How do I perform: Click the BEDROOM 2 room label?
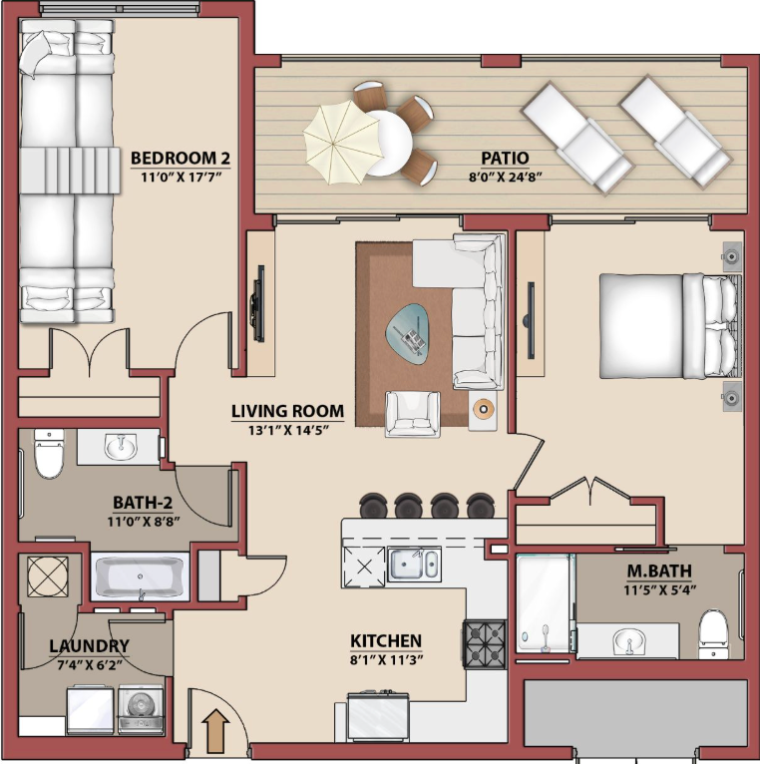coord(181,159)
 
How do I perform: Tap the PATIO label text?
coord(505,158)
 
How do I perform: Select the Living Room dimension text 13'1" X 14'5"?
coord(288,430)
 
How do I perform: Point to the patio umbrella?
coord(342,142)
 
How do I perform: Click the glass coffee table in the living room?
coord(407,334)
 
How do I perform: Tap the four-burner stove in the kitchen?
coord(485,644)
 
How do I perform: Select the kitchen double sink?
coord(414,565)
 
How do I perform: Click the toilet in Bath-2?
coord(49,453)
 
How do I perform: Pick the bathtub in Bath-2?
coord(140,577)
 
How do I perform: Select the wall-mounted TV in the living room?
coord(258,303)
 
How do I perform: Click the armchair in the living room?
coord(413,414)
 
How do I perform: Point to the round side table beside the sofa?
coord(484,408)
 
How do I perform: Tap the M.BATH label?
coord(658,571)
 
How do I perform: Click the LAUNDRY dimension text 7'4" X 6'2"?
coord(90,664)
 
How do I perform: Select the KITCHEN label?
coord(386,640)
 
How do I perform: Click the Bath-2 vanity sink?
coord(120,446)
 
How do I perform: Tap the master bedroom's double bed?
coord(670,326)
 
